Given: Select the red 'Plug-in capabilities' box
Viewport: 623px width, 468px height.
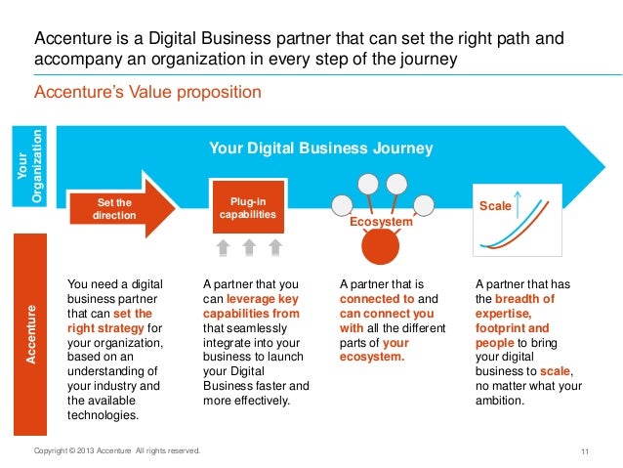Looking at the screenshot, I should click(x=247, y=206).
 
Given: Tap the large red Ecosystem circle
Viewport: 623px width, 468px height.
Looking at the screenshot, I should click(x=382, y=247).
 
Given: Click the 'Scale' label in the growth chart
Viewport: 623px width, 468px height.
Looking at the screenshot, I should click(x=496, y=206).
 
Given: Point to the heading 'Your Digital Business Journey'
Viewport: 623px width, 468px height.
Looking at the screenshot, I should click(x=321, y=148).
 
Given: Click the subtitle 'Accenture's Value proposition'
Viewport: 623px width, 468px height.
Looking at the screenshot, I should click(x=147, y=93).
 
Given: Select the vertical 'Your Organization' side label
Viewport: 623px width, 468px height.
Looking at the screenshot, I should click(x=32, y=165).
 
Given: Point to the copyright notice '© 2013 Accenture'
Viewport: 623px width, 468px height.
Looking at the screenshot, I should click(x=117, y=450).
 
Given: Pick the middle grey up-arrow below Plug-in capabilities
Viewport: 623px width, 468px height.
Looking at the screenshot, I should click(x=249, y=247).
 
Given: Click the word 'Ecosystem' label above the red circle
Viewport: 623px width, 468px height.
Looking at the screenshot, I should click(x=382, y=223).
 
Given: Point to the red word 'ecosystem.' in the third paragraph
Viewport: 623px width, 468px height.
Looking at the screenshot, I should click(x=371, y=358).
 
